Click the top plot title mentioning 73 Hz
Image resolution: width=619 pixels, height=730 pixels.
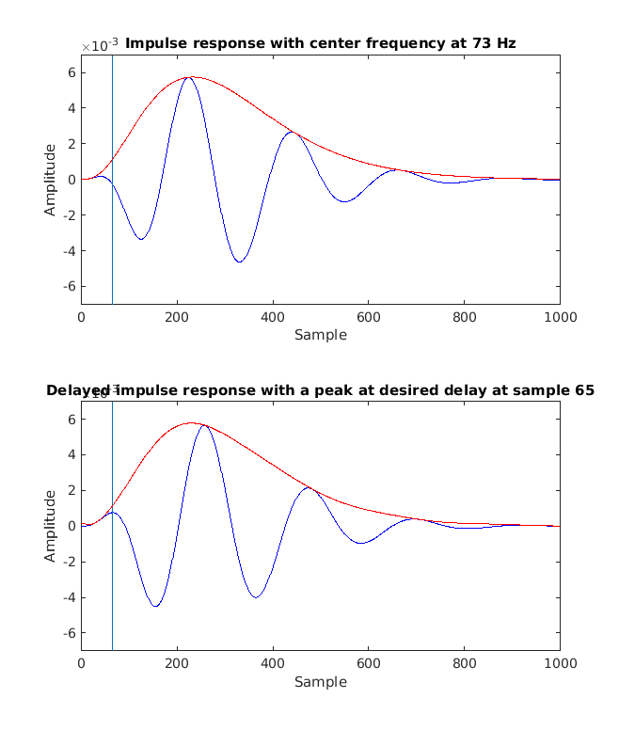click(320, 43)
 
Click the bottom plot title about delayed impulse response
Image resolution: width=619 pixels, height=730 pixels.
click(320, 390)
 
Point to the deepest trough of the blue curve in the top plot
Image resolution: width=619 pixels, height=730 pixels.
click(240, 262)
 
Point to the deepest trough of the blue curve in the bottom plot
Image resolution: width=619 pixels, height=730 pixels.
click(155, 606)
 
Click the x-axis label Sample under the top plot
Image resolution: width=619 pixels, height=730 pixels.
click(320, 335)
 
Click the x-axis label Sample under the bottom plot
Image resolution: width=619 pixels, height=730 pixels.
click(320, 681)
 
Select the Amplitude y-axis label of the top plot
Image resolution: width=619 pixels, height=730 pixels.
click(50, 180)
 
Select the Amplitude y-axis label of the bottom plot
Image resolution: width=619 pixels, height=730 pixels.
click(50, 526)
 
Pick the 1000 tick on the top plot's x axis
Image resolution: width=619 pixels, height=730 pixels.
click(560, 318)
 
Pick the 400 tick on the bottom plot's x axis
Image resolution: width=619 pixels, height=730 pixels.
click(273, 664)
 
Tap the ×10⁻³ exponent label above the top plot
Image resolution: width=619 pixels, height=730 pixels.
click(99, 46)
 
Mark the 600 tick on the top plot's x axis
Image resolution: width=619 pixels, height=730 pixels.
click(368, 318)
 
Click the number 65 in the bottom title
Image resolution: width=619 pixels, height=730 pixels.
click(584, 390)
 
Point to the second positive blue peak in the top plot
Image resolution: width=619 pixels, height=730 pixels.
click(292, 132)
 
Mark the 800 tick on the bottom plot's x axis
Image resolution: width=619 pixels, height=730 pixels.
click(464, 664)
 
